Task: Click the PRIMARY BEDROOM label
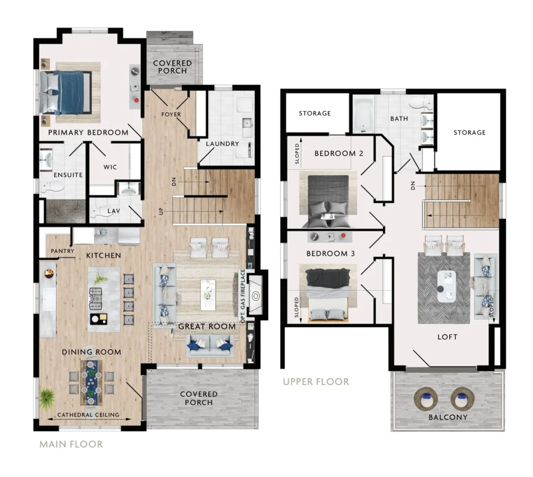88,132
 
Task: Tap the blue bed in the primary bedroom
66,93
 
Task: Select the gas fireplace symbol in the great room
256,295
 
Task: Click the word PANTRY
62,251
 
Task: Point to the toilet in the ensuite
52,186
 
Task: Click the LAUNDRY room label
222,144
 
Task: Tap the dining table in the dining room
91,382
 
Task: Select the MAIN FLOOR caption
71,444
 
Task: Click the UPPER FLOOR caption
316,382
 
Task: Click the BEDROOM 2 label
338,153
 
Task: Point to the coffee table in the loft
446,286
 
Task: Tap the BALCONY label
448,417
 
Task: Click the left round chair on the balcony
426,398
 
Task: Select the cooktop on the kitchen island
96,299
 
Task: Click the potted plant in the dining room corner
47,399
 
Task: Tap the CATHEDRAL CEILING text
88,415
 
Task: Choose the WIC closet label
110,167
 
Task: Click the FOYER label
171,115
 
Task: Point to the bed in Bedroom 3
328,294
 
